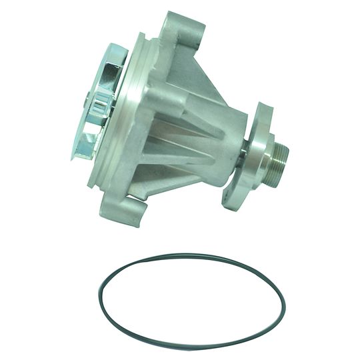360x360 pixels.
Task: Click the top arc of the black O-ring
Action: coord(190,254)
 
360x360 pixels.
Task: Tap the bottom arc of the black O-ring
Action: coord(190,346)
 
